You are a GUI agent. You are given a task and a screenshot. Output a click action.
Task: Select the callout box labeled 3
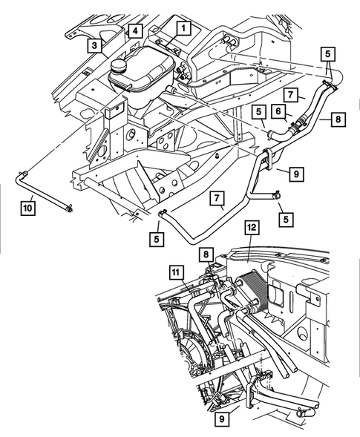point(95,45)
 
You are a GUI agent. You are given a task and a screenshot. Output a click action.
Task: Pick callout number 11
point(176,273)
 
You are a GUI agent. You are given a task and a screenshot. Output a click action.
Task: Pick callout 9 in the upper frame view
point(295,174)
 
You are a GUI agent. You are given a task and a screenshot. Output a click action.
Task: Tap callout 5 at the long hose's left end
point(157,239)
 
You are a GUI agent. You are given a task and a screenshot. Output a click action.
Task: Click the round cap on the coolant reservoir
point(120,67)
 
